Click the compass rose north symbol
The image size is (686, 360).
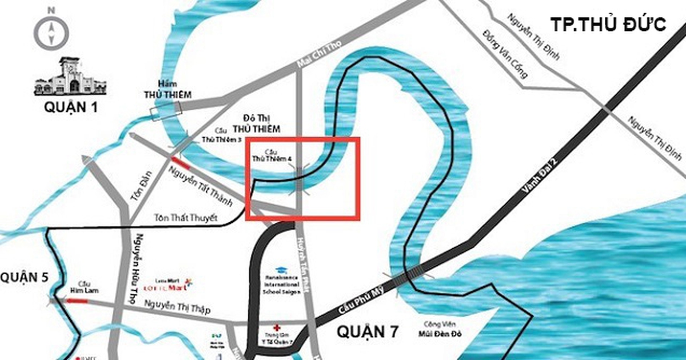(50, 26)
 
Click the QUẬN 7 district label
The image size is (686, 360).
(366, 331)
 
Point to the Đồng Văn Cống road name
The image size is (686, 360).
(504, 54)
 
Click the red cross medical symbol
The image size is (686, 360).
(277, 325)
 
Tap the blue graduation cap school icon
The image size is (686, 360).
(281, 270)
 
